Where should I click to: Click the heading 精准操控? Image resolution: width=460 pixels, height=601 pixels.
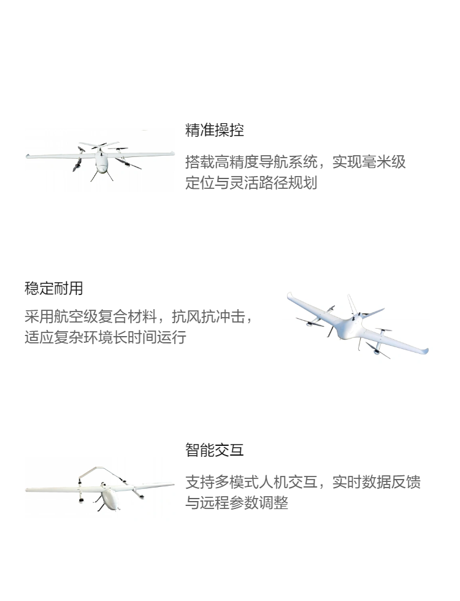click(x=214, y=130)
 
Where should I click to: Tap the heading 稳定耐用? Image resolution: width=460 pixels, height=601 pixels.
click(x=54, y=288)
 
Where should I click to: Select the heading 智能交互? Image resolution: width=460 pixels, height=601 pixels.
click(x=214, y=450)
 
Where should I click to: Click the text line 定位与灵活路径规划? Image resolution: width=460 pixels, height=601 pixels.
click(x=251, y=183)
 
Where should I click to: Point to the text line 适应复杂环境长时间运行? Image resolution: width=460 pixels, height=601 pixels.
click(x=105, y=337)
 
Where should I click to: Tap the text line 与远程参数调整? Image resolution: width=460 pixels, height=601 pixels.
click(x=237, y=502)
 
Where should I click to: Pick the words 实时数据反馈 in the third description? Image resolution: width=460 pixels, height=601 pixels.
click(x=376, y=482)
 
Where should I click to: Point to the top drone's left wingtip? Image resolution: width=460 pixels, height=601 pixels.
click(x=28, y=156)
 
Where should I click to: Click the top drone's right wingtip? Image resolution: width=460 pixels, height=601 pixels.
click(x=172, y=154)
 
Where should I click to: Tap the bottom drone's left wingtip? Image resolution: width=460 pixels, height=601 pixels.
click(x=28, y=489)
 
